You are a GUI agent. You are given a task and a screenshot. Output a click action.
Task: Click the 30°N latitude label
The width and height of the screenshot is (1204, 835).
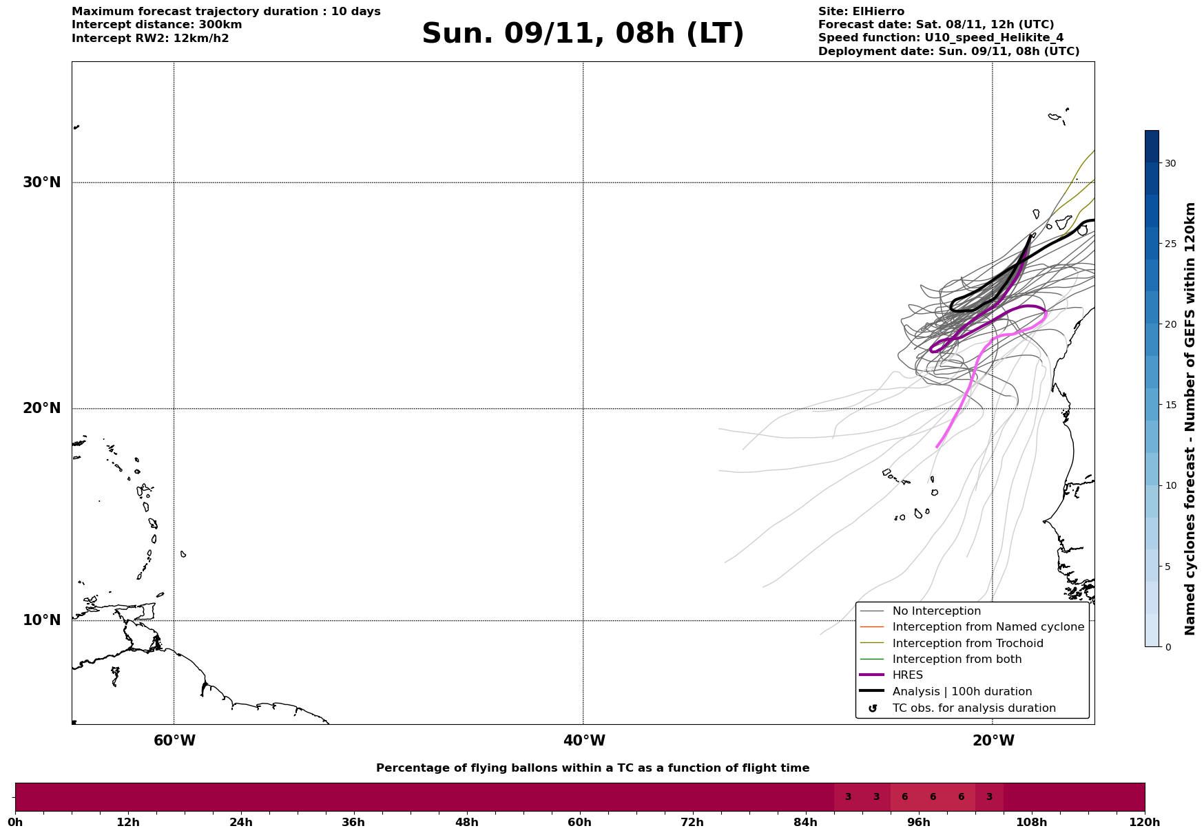(41, 182)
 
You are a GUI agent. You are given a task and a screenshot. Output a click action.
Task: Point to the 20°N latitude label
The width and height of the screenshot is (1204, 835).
(41, 408)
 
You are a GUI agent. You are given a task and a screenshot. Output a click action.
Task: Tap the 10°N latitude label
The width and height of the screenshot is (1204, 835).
(41, 620)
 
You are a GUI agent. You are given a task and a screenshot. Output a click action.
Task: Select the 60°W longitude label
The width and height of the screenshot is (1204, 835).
(174, 741)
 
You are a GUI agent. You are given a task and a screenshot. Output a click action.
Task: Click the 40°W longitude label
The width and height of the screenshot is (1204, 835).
(584, 741)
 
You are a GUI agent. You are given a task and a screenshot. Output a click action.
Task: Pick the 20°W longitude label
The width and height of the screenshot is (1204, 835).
(993, 741)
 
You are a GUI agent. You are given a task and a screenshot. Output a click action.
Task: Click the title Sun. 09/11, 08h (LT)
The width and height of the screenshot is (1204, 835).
(583, 34)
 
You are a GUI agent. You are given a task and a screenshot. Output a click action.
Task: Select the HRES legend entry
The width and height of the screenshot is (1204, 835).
(907, 675)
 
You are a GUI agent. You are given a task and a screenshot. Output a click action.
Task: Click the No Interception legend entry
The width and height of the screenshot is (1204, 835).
(936, 611)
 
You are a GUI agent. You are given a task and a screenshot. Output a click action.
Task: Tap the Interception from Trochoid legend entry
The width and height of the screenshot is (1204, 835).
(967, 644)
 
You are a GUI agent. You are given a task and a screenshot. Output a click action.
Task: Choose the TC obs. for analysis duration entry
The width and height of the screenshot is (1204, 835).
(973, 708)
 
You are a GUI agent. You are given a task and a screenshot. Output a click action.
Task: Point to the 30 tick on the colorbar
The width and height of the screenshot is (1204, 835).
(1170, 163)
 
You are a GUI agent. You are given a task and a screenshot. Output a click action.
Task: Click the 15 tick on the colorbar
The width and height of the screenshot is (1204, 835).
(1170, 405)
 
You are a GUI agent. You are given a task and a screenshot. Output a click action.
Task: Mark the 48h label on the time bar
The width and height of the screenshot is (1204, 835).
(466, 823)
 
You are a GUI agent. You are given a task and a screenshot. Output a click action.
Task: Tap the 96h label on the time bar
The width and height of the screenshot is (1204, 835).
(918, 823)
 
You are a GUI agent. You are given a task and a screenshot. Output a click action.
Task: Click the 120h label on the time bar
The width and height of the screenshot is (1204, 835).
(1145, 823)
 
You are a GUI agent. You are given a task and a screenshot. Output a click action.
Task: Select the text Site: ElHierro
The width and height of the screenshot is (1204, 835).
(861, 12)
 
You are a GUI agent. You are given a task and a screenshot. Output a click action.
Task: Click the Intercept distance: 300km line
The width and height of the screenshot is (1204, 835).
(156, 25)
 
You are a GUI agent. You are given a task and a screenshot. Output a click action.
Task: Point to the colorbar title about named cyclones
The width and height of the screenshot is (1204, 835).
(1190, 419)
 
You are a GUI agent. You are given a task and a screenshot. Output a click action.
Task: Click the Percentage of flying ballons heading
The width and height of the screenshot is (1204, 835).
(592, 768)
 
